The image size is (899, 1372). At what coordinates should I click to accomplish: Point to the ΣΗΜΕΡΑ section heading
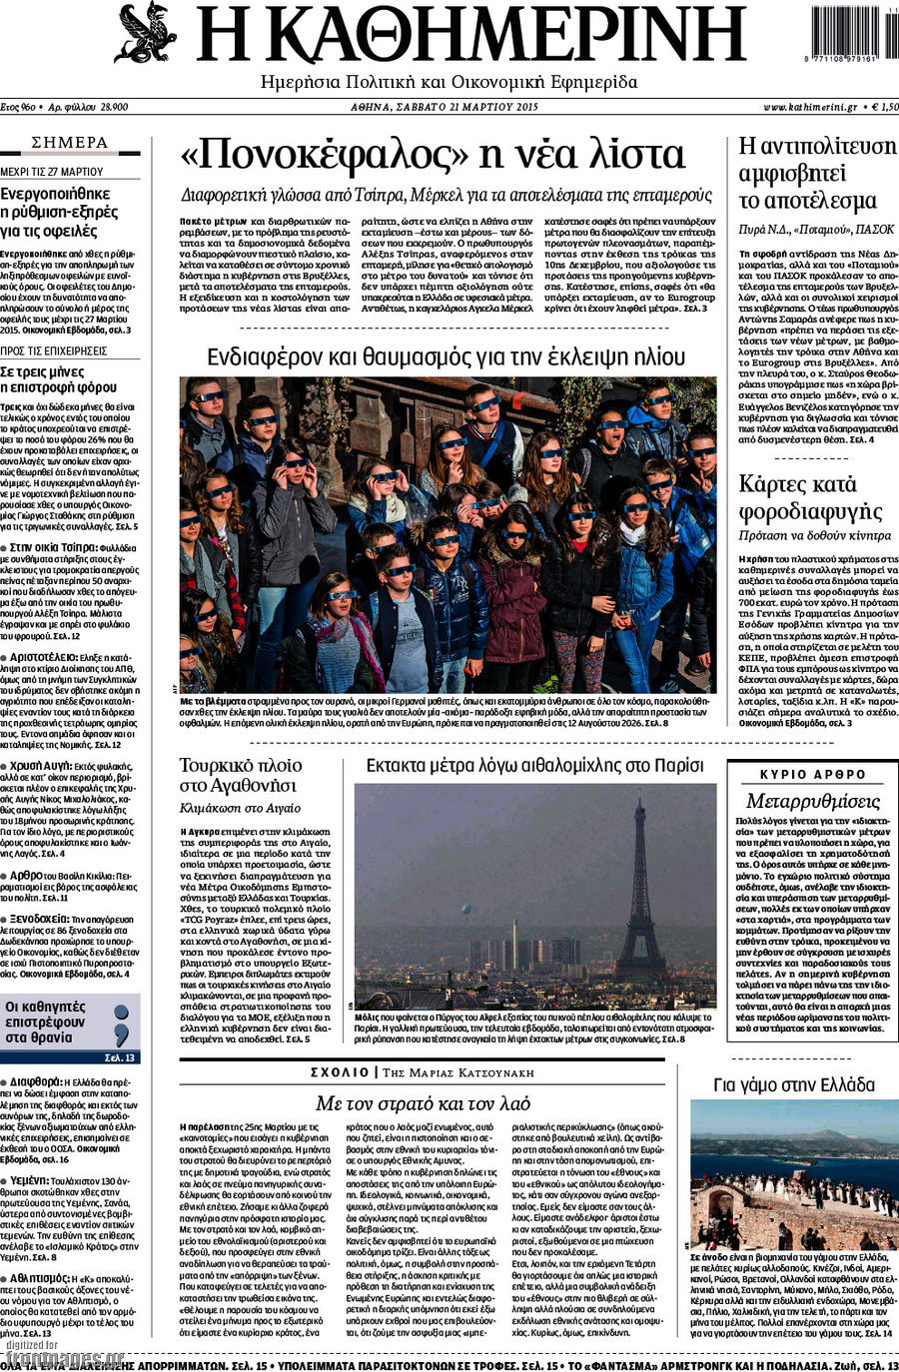[70, 143]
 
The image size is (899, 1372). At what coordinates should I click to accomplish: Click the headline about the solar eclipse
[446, 357]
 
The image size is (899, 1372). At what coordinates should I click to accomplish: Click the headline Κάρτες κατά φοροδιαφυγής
[810, 498]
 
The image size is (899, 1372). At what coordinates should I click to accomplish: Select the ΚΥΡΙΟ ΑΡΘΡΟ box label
[813, 774]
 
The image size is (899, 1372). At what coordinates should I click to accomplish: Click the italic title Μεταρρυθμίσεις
[812, 801]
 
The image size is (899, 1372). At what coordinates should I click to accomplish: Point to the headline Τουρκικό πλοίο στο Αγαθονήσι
[241, 775]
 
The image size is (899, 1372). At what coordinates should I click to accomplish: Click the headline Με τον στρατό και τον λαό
[423, 1103]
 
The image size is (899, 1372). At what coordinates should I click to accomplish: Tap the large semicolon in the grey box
[122, 1025]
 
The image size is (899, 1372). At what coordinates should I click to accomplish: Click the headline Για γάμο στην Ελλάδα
[794, 1084]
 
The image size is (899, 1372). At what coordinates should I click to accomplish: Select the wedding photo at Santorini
[794, 1174]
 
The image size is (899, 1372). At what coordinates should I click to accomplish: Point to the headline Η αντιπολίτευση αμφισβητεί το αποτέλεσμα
[816, 173]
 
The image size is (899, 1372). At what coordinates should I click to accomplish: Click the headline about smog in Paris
[534, 766]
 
